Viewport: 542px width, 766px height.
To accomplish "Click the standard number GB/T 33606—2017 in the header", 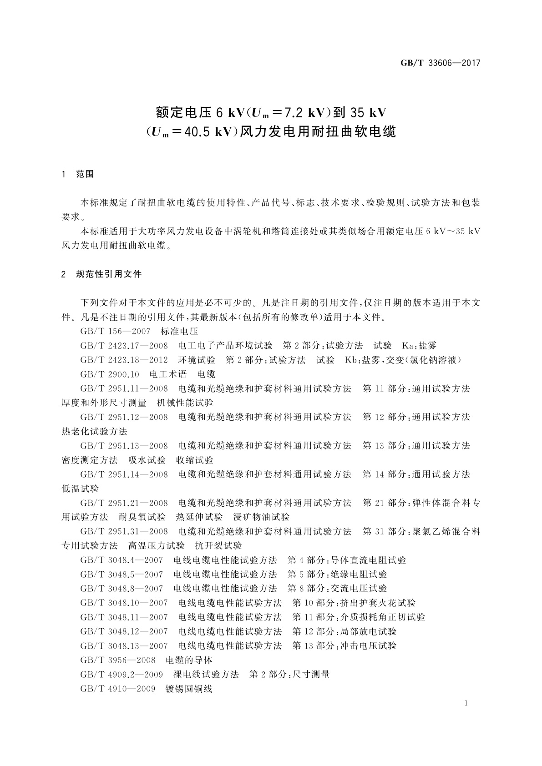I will click(x=440, y=63).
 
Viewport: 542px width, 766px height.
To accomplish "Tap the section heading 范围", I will click(x=85, y=174).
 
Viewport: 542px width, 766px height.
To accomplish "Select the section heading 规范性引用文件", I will click(x=109, y=274).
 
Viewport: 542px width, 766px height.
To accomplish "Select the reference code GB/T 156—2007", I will click(x=115, y=332).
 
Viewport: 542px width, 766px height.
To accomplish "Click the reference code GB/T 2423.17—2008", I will click(x=124, y=346).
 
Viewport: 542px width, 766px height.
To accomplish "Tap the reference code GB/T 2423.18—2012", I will click(x=124, y=360).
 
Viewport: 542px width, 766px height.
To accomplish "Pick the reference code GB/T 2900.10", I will click(x=110, y=374).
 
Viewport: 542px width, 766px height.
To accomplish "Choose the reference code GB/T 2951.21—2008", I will click(x=124, y=503).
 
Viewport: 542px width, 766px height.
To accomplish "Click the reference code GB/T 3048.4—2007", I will click(x=122, y=560).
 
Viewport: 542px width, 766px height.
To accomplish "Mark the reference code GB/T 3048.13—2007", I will click(x=124, y=645).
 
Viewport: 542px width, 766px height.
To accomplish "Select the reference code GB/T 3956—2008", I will click(x=117, y=660).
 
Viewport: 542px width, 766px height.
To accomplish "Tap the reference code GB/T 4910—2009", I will click(x=117, y=689).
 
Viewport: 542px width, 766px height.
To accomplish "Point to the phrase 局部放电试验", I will click(x=368, y=631).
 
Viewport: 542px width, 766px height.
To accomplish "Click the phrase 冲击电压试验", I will click(x=368, y=645).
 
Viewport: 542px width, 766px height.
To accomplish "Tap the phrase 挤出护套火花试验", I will click(x=378, y=603).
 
